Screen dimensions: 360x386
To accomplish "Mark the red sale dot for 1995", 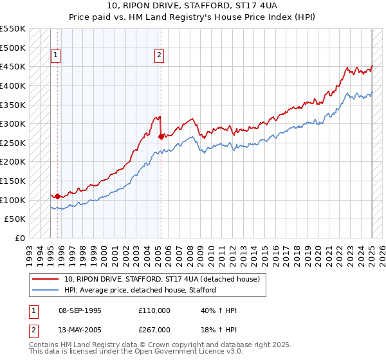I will (x=57, y=196).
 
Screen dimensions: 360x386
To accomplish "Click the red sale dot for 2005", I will (x=160, y=136).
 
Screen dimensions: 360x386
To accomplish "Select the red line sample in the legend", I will (x=46, y=279).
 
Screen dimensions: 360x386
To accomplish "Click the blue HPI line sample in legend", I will (x=46, y=290).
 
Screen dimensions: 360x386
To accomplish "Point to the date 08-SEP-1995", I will (x=80, y=310).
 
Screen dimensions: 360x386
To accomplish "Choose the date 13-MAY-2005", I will (x=80, y=328).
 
